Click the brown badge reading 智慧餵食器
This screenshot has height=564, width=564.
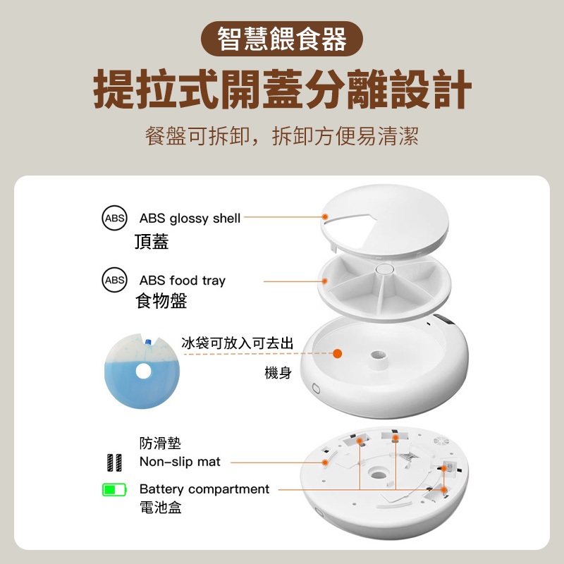pos(281,39)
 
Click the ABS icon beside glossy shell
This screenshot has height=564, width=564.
pos(114,218)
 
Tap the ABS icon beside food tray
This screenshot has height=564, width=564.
pos(114,280)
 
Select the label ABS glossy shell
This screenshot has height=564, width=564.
pos(190,219)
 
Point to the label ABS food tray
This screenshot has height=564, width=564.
pos(183,281)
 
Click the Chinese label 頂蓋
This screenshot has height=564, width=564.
pos(152,241)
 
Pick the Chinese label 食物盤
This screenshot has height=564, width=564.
pos(161,301)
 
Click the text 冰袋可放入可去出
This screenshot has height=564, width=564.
pos(237,343)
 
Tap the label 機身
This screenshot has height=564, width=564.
pos(278,373)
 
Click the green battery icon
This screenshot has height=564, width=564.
pos(114,489)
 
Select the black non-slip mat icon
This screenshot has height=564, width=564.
pos(114,462)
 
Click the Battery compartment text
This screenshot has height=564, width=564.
pos(204,489)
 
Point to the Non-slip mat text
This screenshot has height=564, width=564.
pos(180,462)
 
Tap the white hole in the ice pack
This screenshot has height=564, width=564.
pos(143,372)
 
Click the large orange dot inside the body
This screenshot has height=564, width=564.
pos(337,354)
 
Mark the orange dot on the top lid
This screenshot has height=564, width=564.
pos(325,216)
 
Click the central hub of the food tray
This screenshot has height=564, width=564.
pos(384,269)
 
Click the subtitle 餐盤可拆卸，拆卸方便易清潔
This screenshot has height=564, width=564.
pos(281,136)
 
